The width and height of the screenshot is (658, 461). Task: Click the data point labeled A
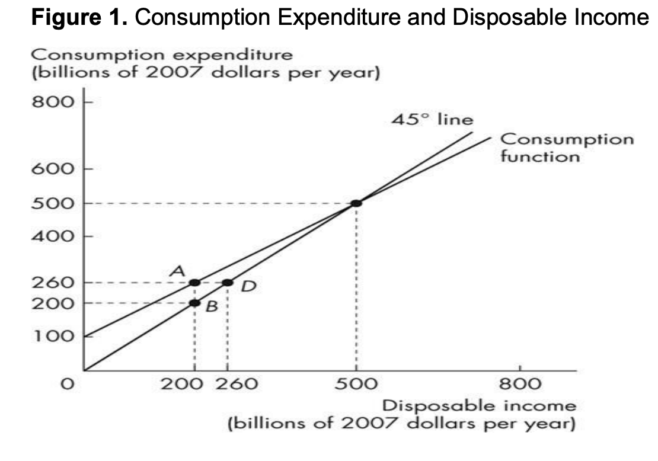(194, 283)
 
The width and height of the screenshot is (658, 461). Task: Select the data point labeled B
(194, 303)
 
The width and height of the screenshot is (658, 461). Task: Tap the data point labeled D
(227, 283)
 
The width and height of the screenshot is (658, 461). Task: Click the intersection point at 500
(356, 203)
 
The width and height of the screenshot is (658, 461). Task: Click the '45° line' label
(433, 119)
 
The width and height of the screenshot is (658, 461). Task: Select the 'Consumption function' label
(567, 148)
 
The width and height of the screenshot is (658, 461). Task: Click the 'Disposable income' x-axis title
(479, 406)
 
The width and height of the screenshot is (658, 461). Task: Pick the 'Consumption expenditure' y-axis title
(161, 55)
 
